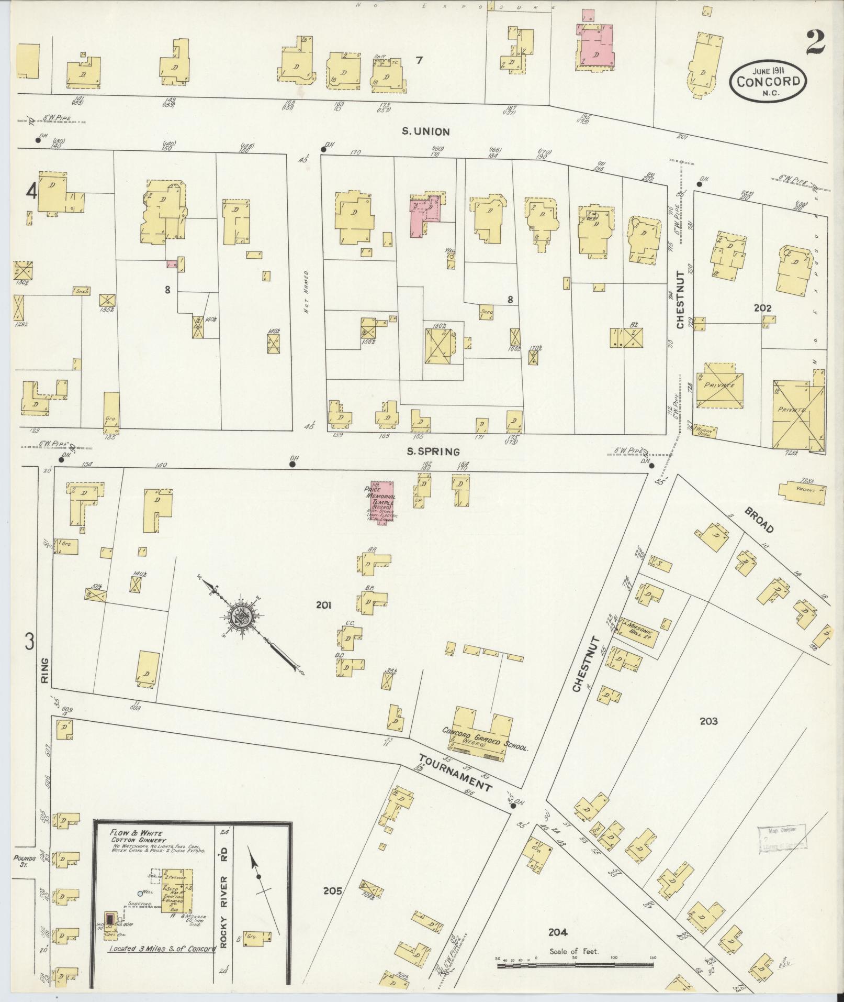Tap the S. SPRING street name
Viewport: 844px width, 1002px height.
(x=434, y=451)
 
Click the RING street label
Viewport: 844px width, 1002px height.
(x=44, y=670)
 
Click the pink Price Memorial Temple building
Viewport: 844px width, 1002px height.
(x=382, y=501)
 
